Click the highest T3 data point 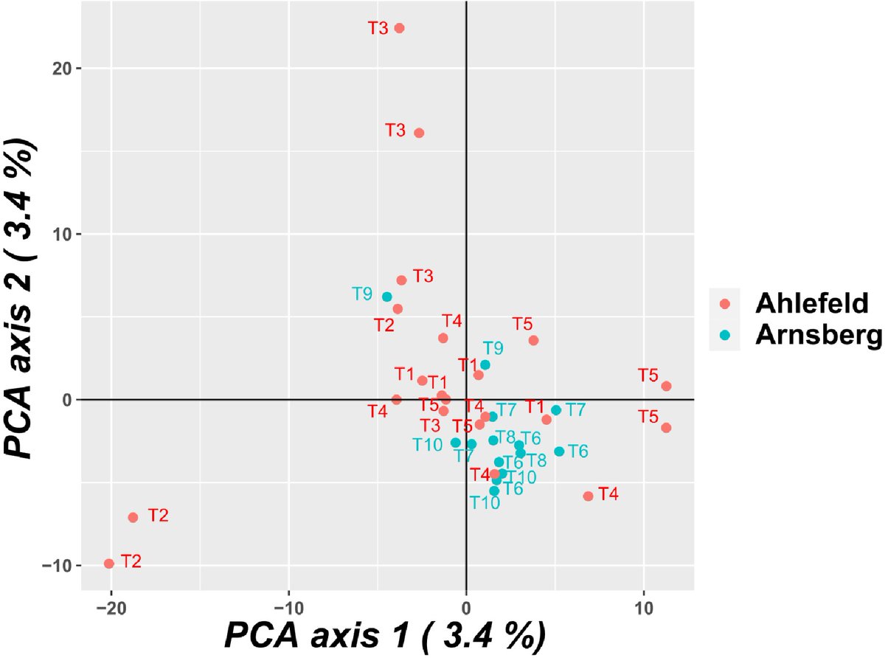click(400, 28)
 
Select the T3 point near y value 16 click(419, 133)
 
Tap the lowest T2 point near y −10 click(109, 564)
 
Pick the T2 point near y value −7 click(133, 517)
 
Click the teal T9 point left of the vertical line click(386, 297)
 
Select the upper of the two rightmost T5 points click(666, 386)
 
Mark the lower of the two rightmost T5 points click(666, 428)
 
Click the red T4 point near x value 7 click(588, 496)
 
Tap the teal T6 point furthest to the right click(559, 451)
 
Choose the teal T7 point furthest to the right click(556, 409)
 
